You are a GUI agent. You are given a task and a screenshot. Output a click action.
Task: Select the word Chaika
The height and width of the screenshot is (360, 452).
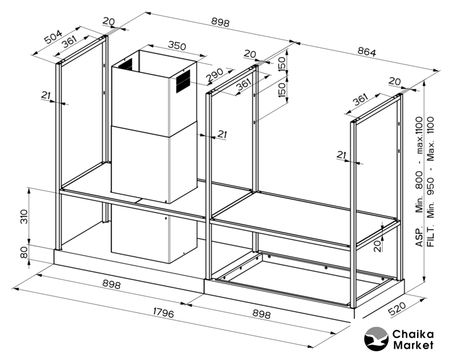point(413,332)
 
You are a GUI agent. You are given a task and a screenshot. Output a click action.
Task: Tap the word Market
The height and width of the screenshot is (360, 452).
point(413,345)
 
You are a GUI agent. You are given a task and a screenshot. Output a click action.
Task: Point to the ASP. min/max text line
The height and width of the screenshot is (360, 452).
point(419,182)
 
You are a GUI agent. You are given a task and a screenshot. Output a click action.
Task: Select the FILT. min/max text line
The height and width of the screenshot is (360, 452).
point(431,182)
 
